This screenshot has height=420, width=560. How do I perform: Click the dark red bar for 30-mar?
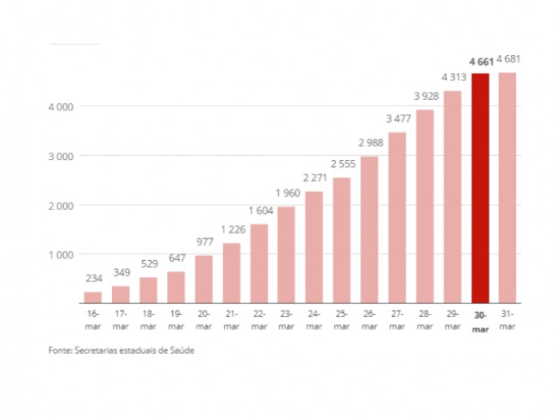click(x=480, y=188)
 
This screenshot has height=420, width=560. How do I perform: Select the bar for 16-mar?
click(x=93, y=298)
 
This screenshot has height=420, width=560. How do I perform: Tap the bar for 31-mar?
click(x=507, y=188)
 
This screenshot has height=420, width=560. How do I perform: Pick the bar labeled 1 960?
click(x=286, y=255)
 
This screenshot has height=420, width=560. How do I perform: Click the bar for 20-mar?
click(x=203, y=279)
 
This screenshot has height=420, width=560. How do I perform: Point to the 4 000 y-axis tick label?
click(x=60, y=107)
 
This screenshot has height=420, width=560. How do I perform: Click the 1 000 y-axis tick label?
click(x=60, y=255)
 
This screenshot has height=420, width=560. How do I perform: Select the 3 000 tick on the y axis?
click(x=60, y=157)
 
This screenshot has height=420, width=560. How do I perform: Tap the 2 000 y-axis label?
click(x=60, y=206)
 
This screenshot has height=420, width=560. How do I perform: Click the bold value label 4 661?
click(x=481, y=62)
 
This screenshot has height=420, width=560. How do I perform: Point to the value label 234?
click(x=94, y=278)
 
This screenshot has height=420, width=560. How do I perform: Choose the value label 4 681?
click(x=508, y=59)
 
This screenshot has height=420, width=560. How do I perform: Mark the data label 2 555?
click(x=343, y=164)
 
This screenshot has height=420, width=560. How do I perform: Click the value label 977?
click(x=205, y=242)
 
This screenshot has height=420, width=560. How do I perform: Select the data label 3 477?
click(x=399, y=119)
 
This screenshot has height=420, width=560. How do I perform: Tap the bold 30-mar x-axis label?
click(x=480, y=322)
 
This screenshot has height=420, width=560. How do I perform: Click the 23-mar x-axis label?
click(x=286, y=320)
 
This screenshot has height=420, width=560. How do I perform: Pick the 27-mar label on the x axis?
click(x=397, y=320)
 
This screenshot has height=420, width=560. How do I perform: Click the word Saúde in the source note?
click(x=182, y=350)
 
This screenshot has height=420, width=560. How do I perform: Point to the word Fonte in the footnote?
click(x=60, y=350)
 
